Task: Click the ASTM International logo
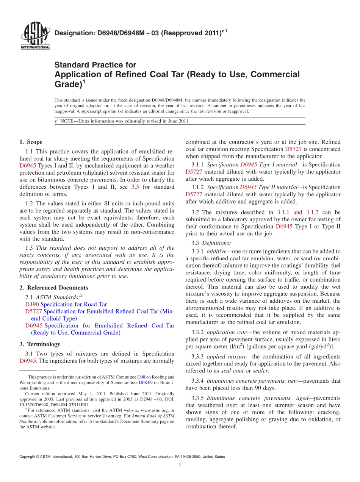tap(35, 36)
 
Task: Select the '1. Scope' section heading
tap(31, 142)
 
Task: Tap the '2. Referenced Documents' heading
tap(54, 288)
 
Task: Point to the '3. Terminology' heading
tap(40, 344)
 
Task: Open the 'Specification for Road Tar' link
tap(74, 304)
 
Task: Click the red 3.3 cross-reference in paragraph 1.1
tap(135, 187)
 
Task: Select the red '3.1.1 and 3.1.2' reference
tap(297, 212)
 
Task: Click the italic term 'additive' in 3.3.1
tap(216, 251)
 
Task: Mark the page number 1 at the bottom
tap(180, 465)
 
